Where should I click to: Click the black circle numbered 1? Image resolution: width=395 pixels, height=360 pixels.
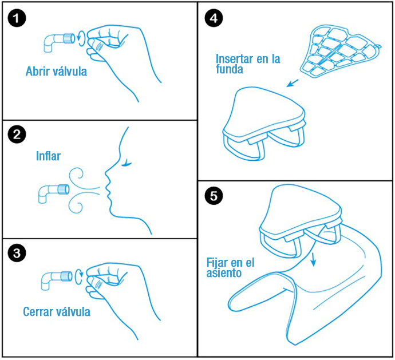tap(17, 18)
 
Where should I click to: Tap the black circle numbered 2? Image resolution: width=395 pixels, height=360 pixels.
tap(17, 134)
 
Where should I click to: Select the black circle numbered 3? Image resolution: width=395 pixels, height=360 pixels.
tap(17, 252)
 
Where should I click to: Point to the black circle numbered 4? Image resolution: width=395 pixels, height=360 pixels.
tap(214, 18)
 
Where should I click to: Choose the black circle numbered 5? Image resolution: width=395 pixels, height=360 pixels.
tap(214, 196)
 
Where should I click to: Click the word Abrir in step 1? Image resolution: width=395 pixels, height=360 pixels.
tap(38, 72)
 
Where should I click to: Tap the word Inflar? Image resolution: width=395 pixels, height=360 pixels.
tap(48, 156)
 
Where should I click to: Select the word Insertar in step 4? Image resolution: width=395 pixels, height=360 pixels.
tap(234, 59)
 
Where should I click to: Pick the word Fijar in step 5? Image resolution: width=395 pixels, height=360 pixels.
tap(219, 263)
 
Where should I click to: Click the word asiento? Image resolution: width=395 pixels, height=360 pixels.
tap(224, 273)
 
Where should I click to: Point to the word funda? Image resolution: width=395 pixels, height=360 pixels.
tap(230, 69)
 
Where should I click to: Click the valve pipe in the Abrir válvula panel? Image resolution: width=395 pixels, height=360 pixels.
tap(60, 42)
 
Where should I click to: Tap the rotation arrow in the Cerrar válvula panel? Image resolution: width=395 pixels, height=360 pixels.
tap(79, 277)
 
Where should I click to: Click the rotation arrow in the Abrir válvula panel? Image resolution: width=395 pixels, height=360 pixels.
tap(81, 38)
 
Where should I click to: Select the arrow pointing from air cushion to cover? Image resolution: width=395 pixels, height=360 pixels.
tap(293, 83)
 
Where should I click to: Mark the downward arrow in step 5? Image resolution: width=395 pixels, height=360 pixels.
tap(313, 259)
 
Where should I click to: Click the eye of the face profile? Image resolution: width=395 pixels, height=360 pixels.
tap(127, 163)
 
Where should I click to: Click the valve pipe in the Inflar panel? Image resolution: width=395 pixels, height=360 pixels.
tap(54, 193)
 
